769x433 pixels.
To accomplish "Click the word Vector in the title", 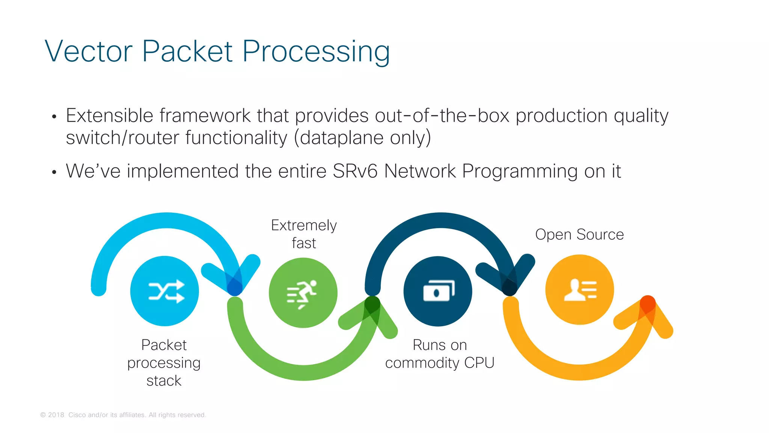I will pyautogui.click(x=89, y=51).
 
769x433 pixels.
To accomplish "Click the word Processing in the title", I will pyautogui.click(x=316, y=52).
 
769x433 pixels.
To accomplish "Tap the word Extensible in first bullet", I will pyautogui.click(x=109, y=115).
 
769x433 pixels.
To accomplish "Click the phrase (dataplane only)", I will pyautogui.click(x=362, y=138).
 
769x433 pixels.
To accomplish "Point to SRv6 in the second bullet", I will pyautogui.click(x=355, y=171).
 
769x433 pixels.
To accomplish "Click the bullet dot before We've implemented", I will pyautogui.click(x=54, y=173).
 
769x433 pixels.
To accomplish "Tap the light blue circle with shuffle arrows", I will pyautogui.click(x=164, y=291).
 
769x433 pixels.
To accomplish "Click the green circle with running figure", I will pyautogui.click(x=303, y=292).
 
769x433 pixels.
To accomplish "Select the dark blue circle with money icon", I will pyautogui.click(x=437, y=291).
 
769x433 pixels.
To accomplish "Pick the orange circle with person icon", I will pyautogui.click(x=579, y=289).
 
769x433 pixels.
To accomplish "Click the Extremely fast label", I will pyautogui.click(x=304, y=234).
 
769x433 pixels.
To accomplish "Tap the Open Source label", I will pyautogui.click(x=579, y=235).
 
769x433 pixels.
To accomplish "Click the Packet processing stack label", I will pyautogui.click(x=164, y=362).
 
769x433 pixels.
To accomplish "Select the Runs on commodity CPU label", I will pyautogui.click(x=439, y=354).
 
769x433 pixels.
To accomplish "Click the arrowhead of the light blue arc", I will pyautogui.click(x=235, y=284).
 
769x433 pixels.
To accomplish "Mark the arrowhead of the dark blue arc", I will pyautogui.click(x=509, y=284).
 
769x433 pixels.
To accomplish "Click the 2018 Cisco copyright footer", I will pyautogui.click(x=123, y=415).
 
